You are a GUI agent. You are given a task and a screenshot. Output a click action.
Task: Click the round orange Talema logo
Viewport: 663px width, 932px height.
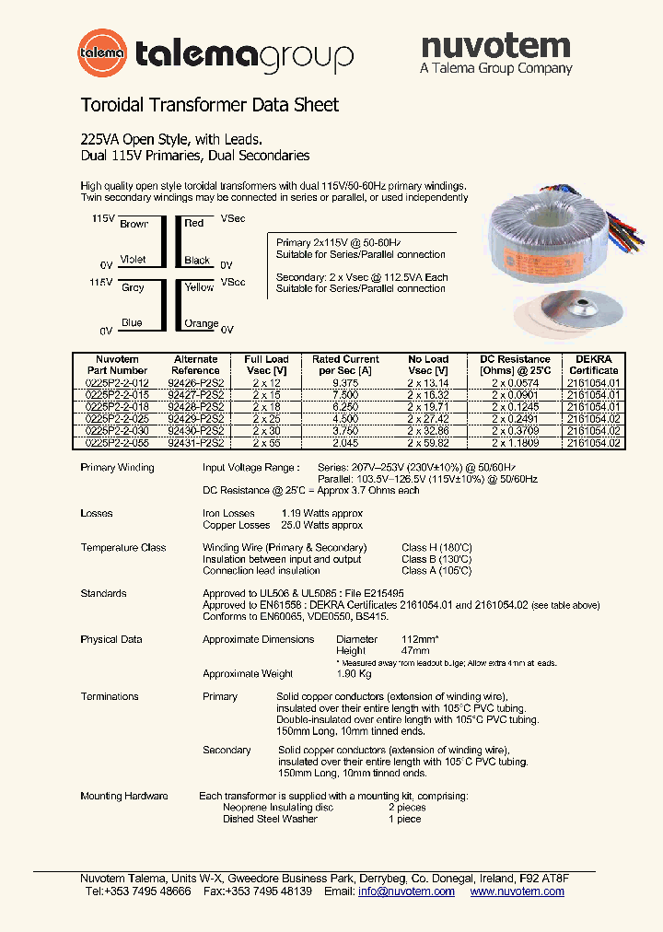click(102, 53)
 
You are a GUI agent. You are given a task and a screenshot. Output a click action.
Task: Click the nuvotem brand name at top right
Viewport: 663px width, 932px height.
click(495, 45)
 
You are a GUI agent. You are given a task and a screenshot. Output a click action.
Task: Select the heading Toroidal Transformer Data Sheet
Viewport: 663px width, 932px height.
click(210, 105)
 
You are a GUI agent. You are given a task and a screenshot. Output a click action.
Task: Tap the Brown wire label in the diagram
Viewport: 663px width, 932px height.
click(134, 224)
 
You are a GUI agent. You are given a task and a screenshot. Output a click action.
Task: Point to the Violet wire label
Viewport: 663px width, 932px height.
click(134, 261)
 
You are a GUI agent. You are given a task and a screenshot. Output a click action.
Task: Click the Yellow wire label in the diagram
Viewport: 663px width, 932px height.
click(199, 287)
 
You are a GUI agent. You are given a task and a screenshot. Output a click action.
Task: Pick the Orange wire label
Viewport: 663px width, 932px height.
click(201, 324)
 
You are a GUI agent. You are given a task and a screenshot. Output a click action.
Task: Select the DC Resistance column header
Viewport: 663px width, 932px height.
click(509, 365)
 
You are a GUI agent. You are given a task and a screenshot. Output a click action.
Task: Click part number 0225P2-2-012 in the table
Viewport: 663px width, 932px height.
click(117, 382)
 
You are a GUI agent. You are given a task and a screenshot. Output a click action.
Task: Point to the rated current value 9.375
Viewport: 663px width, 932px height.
click(346, 382)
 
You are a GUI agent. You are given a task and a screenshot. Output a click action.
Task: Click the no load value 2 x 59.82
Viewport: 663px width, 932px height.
click(428, 443)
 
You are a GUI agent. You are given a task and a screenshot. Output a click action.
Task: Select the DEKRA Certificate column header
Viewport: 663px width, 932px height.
click(594, 365)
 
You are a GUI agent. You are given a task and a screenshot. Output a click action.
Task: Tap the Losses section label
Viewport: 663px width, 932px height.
click(97, 513)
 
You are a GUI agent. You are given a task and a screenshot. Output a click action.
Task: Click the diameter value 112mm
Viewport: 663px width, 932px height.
click(421, 639)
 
